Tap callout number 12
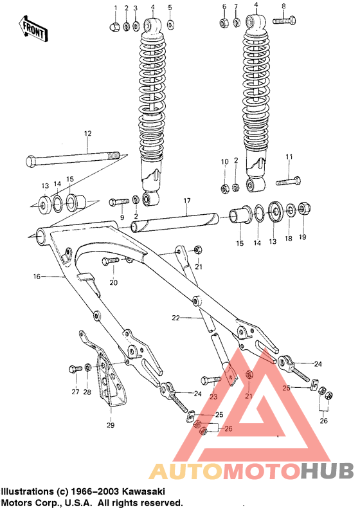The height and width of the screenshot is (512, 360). click(x=87, y=134)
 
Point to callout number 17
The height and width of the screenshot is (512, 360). click(x=186, y=201)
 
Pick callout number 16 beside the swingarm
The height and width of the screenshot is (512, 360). click(x=37, y=277)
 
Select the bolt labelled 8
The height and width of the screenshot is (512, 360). click(x=283, y=21)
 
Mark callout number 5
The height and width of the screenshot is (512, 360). click(x=170, y=8)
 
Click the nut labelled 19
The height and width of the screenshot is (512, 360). click(x=303, y=208)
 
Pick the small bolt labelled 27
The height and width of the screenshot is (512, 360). click(x=73, y=369)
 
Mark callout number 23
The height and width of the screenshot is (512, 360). click(x=213, y=396)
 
